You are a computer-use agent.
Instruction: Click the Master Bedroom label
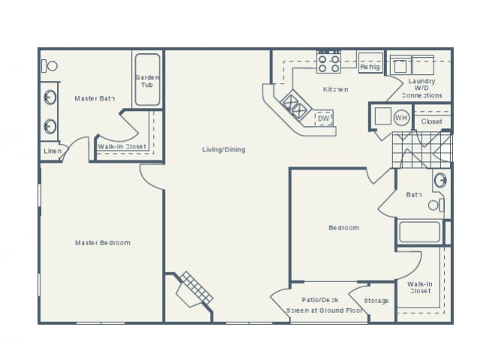(x=103, y=242)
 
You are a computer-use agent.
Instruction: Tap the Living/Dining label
(x=223, y=149)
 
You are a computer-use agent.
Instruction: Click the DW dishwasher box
(x=323, y=118)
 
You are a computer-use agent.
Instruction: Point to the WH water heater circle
(x=401, y=118)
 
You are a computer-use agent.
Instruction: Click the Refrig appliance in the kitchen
(x=370, y=65)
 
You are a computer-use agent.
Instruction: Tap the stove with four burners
(x=328, y=62)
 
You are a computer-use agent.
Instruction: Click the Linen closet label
(x=51, y=151)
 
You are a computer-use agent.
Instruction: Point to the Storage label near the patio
(x=376, y=301)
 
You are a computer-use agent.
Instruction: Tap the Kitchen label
(x=335, y=89)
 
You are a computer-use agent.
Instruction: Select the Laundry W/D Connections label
(x=421, y=88)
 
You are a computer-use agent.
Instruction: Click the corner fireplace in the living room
(x=193, y=289)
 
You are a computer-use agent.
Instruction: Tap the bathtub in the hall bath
(x=418, y=232)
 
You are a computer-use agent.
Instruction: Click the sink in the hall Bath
(x=441, y=180)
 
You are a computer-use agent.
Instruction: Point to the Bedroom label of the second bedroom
(x=343, y=227)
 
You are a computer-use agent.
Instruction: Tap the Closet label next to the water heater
(x=431, y=121)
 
